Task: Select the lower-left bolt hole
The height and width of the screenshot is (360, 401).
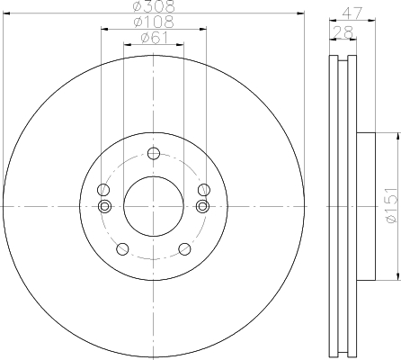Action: tap(122, 248)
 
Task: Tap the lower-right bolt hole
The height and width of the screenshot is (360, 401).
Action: tap(183, 248)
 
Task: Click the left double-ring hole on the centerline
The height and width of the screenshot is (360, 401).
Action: tap(103, 207)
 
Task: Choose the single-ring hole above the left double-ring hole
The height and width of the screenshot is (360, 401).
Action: tap(103, 190)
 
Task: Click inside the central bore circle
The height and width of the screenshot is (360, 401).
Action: tap(153, 207)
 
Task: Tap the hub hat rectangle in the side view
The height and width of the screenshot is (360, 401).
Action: tap(365, 206)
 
